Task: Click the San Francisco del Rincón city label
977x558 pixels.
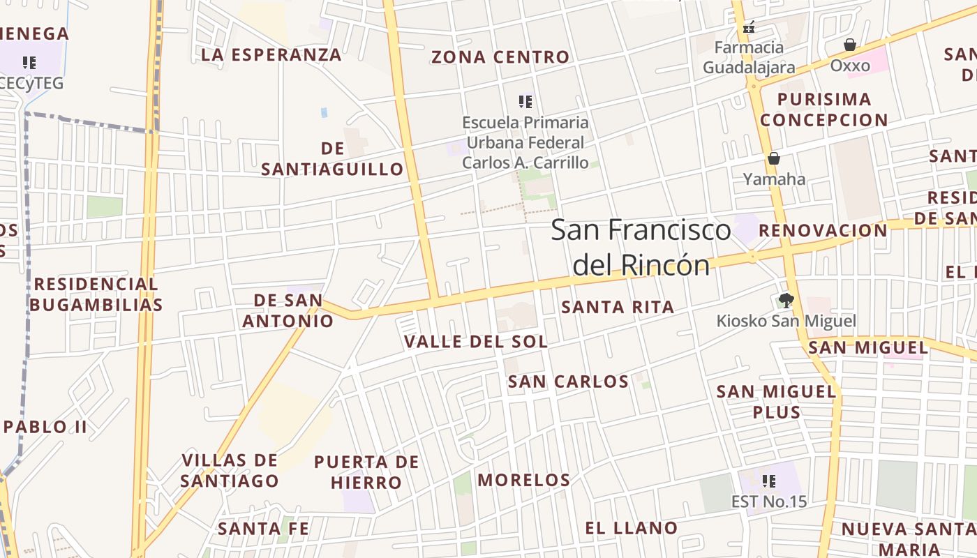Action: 641,247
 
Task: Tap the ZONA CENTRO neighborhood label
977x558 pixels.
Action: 500,57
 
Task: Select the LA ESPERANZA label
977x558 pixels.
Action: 271,54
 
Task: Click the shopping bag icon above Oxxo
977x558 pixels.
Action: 849,45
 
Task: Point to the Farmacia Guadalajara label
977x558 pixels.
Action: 749,57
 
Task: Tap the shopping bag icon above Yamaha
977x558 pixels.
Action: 773,158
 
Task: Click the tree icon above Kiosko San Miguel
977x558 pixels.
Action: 786,301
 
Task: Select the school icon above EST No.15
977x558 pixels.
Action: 769,481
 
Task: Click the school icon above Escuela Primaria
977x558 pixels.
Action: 525,103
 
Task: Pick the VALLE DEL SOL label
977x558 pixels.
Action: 476,342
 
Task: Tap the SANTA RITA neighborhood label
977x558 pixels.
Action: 618,307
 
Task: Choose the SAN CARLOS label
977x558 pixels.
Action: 568,382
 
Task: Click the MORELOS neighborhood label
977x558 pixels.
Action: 523,480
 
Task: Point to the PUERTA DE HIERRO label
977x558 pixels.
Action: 366,472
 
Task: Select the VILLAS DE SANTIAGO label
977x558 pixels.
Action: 230,471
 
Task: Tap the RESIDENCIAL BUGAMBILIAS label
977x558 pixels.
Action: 96,294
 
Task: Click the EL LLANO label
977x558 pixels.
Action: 631,528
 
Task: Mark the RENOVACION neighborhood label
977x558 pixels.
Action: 823,230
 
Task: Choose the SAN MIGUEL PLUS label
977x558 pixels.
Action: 776,402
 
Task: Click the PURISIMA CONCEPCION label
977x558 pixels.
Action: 823,110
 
